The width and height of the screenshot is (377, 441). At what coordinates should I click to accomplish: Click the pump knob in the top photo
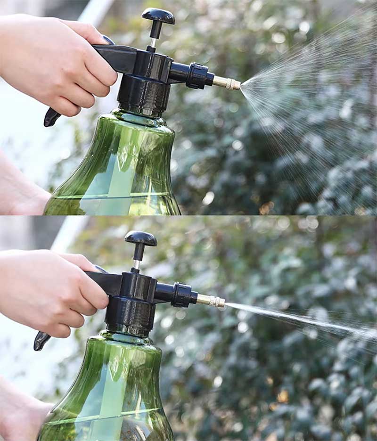pos(158,16)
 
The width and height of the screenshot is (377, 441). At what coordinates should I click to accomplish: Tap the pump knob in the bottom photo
pos(140,238)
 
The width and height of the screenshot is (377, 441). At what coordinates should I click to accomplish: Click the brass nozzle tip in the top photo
pos(227,83)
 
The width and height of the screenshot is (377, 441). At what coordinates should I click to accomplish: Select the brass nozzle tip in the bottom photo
pos(211,301)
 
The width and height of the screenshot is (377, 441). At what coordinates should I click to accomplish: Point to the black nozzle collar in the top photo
pos(197,76)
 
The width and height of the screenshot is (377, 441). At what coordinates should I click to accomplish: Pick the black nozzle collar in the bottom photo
pos(181,295)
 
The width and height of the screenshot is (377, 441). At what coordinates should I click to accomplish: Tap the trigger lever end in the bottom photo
pos(41,341)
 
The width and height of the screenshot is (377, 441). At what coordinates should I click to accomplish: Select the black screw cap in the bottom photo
pos(130,317)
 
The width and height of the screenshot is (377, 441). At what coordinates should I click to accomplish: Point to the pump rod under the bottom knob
pos(138,256)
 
